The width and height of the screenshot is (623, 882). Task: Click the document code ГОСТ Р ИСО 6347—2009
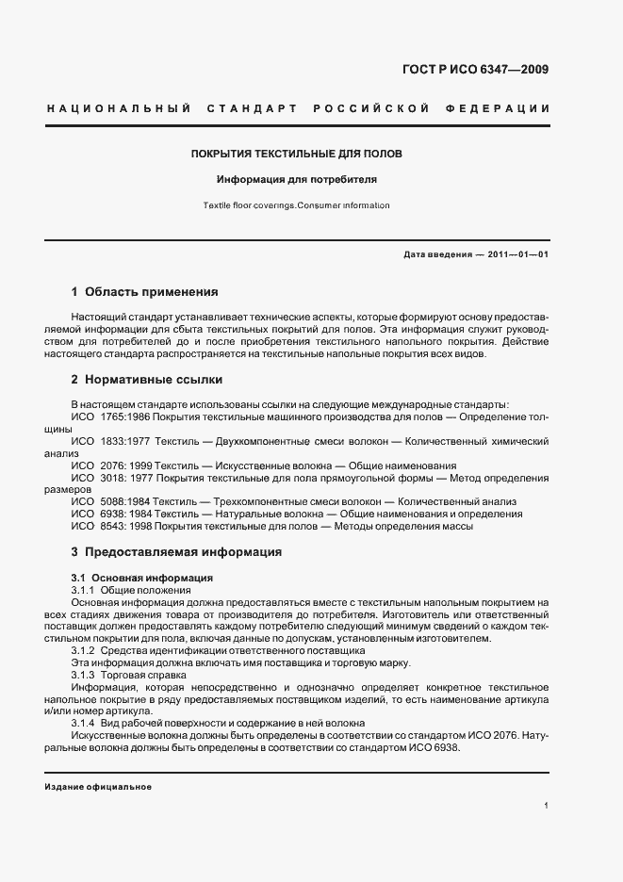coord(476,70)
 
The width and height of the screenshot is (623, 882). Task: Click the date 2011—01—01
coord(515,255)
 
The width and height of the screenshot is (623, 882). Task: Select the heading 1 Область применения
coord(144,292)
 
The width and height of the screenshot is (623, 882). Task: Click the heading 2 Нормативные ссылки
coord(147,380)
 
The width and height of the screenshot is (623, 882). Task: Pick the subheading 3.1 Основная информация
coord(141,577)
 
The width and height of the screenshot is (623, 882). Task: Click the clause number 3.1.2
coord(83,650)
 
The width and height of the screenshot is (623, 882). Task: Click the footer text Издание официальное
coord(98,787)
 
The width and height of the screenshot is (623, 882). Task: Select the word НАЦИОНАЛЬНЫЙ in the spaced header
coord(118,109)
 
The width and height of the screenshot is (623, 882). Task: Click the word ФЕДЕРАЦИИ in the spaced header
coord(507,109)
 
